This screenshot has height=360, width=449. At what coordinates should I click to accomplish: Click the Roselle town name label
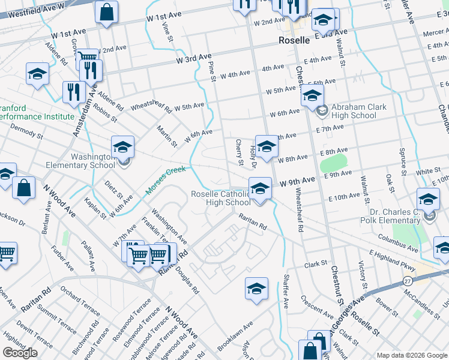294,41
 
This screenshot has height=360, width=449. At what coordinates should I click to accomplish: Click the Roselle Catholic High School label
220,198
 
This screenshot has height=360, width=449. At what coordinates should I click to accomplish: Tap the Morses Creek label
166,184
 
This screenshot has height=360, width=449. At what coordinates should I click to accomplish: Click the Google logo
20,352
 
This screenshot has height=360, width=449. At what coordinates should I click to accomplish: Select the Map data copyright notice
412,355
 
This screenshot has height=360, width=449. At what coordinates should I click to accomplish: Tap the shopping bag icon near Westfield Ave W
106,11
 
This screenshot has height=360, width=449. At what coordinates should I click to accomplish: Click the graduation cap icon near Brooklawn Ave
256,288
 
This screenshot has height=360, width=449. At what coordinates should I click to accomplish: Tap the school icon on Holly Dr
267,146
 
